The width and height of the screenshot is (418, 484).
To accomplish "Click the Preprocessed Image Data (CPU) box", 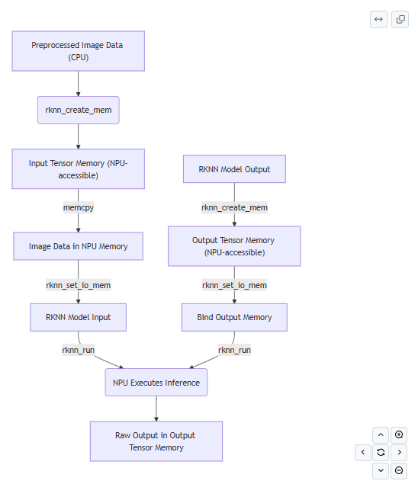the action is pos(78,51).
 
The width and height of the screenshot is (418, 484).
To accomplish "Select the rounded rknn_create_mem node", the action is pos(78,110).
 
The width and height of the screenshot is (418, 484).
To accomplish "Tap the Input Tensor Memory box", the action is pos(78,169).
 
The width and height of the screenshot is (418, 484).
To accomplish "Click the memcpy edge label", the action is pos(78,207).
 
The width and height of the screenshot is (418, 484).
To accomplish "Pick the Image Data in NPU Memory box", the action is pos(78,246).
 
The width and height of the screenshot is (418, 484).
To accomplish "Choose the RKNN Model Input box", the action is pos(78,317).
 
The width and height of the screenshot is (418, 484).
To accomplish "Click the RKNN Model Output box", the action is pos(234,169).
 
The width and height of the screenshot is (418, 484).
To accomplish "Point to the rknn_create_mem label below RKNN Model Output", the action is pos(234,207).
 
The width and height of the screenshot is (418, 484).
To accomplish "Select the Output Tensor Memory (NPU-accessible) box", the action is pos(234,246).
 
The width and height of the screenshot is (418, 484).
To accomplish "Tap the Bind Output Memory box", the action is pos(234,317).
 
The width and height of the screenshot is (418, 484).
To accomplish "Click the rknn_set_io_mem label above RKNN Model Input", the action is pos(78,285).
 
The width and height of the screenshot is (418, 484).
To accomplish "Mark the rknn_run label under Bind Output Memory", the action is pos(234,350).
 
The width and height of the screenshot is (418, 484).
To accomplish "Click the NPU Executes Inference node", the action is pos(156,382).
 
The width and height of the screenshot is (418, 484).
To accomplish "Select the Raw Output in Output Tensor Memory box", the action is pos(156,441).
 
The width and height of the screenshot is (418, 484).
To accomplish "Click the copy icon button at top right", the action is pos(400,20).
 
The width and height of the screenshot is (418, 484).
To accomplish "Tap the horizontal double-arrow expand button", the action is pos(378,20).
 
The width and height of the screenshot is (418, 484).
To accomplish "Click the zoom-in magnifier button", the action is pos(399,435).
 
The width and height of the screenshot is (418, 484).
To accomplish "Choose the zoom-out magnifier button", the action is pos(399,470).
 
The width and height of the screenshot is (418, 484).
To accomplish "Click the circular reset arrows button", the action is pos(381,453).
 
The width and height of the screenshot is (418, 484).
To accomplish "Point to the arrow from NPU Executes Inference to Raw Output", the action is pos(156,409).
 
